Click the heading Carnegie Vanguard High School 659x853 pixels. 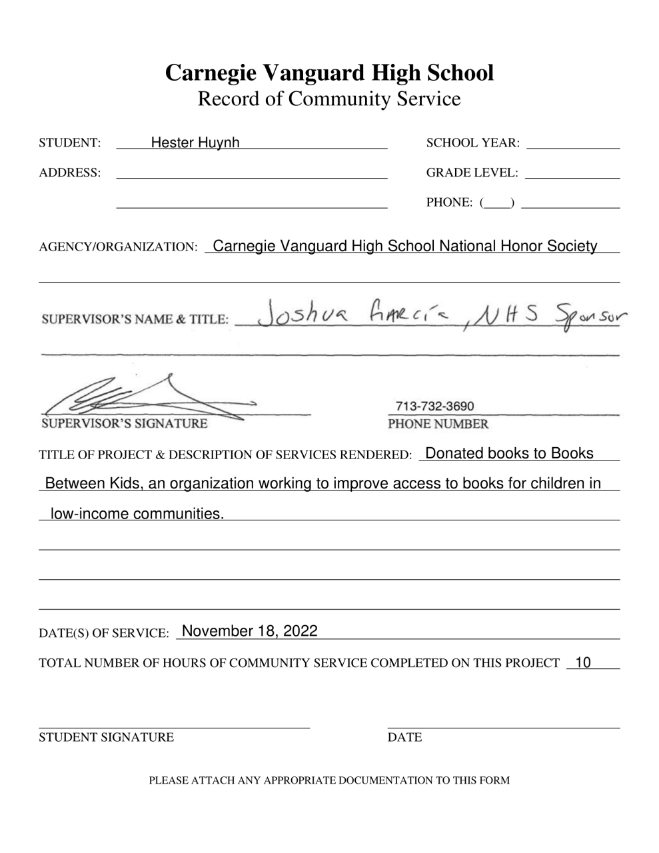tap(329, 72)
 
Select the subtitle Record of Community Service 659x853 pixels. tap(329, 99)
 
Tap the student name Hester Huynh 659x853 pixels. tap(195, 143)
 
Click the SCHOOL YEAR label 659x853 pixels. tap(472, 143)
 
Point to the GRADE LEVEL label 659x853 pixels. tap(472, 173)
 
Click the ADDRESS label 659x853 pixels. tap(70, 173)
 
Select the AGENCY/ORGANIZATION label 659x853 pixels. tap(119, 247)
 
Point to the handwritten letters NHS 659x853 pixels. tap(514, 311)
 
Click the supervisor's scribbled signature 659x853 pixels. tap(147, 399)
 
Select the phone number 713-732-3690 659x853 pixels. tap(434, 407)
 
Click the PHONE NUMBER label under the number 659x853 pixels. tap(438, 424)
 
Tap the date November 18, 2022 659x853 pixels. tap(249, 631)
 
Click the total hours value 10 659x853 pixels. tap(582, 662)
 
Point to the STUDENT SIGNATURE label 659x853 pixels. tap(106, 737)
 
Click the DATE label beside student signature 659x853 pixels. tap(404, 737)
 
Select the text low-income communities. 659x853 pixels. tap(137, 514)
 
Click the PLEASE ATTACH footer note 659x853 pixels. tap(329, 780)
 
